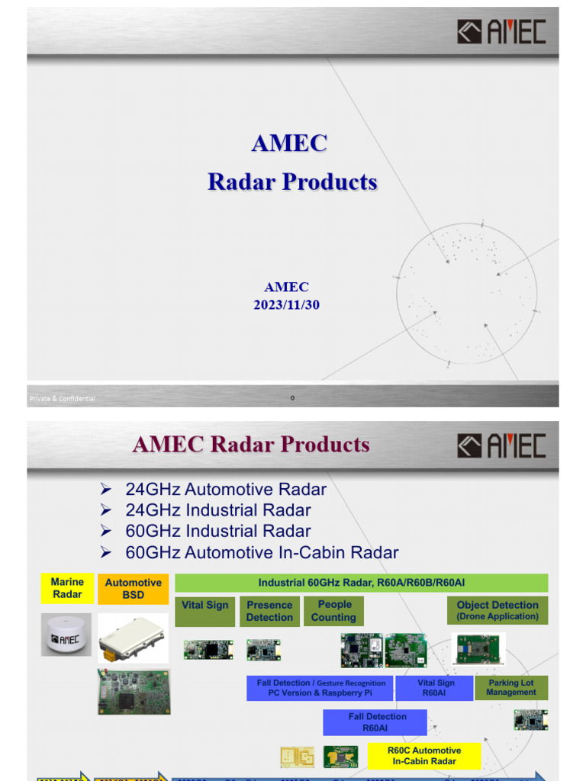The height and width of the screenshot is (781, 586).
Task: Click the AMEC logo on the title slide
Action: coord(501,32)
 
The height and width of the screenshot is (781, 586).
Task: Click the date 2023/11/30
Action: coord(286,304)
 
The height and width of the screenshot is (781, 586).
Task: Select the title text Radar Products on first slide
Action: coord(292,182)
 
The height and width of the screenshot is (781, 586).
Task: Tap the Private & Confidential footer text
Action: coord(63,399)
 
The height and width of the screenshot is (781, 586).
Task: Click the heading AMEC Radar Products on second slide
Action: coord(251,444)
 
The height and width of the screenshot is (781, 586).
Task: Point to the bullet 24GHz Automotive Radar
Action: coord(225,490)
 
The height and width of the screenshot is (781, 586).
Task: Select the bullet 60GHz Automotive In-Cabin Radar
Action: coord(261,552)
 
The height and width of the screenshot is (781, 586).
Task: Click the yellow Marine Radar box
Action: coord(67,588)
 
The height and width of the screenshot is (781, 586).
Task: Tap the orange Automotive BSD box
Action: coord(133,589)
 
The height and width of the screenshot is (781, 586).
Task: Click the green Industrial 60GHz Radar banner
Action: coord(361,583)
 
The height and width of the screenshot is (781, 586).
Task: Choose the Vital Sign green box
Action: coord(205,611)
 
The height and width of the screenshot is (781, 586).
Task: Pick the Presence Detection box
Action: coord(269,611)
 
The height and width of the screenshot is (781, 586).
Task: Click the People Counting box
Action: coord(334,611)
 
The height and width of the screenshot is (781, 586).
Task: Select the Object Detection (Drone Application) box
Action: coord(497,610)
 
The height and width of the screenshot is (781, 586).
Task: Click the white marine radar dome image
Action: coord(66,633)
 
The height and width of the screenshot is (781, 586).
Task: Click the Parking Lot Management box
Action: coord(511,688)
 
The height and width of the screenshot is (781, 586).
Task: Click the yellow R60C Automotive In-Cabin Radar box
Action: coord(424,756)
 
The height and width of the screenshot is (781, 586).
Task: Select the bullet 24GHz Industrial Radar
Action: coord(217,510)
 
